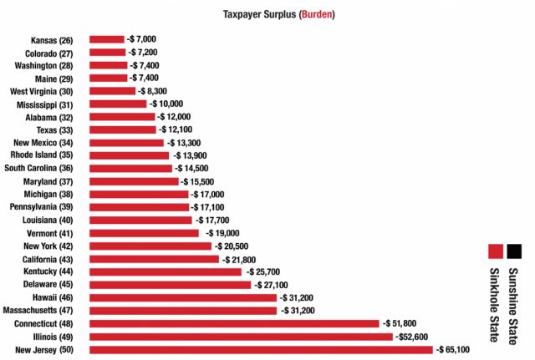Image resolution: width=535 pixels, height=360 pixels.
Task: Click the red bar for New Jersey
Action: [x=261, y=349]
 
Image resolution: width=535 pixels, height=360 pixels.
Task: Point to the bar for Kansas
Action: [x=106, y=39]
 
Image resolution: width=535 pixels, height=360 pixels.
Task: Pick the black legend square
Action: [x=512, y=251]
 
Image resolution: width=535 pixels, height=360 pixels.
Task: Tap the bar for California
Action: [x=155, y=259]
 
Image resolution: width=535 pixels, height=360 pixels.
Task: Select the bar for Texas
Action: [x=122, y=129]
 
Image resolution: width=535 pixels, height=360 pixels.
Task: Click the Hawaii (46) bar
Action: [x=182, y=297]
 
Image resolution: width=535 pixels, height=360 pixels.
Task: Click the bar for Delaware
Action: [x=170, y=285]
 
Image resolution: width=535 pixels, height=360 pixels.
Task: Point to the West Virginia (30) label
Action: [x=41, y=91]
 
